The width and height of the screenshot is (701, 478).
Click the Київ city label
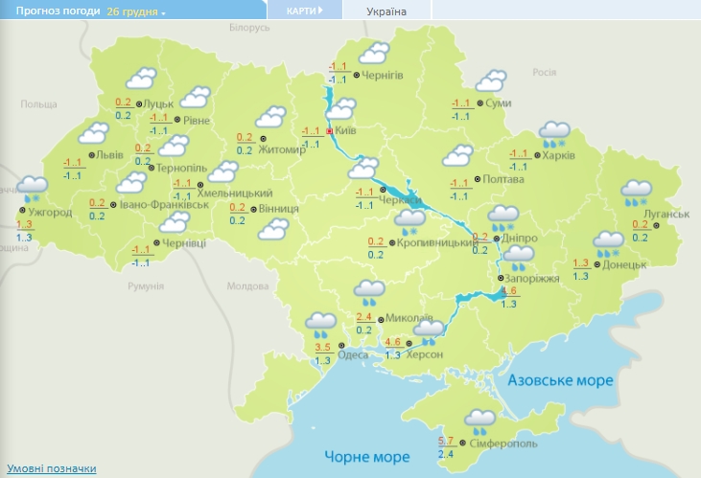click(348, 132)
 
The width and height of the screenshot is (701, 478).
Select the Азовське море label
click(560, 380)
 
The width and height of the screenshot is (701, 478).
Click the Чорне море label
click(366, 456)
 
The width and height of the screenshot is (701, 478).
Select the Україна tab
click(386, 11)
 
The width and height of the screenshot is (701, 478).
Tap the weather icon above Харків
click(555, 133)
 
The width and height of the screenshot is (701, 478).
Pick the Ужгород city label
click(51, 212)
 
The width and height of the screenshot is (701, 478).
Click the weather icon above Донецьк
click(607, 243)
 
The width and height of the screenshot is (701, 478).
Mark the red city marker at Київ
click(330, 132)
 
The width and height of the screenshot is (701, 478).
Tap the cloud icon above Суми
click(492, 80)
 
